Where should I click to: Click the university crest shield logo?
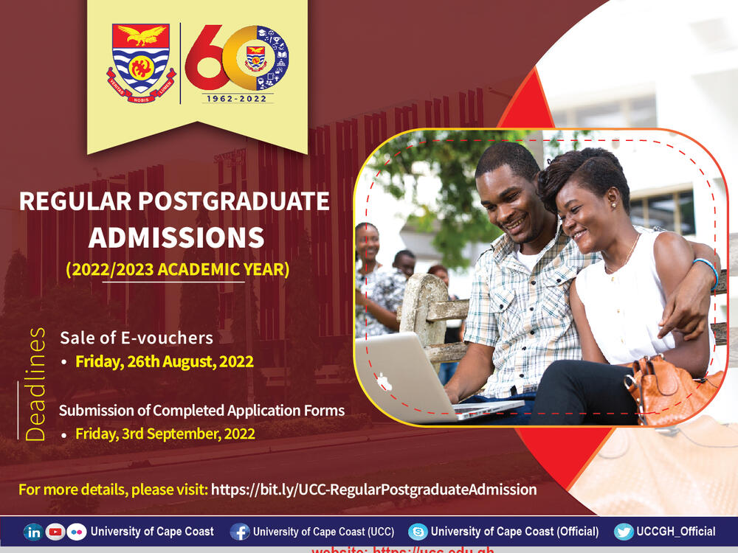(141, 63)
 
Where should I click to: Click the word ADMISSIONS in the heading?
(176, 237)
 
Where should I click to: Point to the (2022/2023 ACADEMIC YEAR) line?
(178, 270)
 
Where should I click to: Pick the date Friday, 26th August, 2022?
(165, 362)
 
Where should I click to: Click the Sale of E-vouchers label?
(137, 338)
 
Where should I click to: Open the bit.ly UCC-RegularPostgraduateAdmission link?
(373, 489)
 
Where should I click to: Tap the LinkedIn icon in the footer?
(33, 532)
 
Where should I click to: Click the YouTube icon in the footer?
(55, 532)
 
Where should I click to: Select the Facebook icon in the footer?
(239, 532)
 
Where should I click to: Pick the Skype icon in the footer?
(418, 532)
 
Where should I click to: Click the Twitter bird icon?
(624, 532)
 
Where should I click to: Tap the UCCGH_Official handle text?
(678, 532)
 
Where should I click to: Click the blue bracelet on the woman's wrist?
(707, 271)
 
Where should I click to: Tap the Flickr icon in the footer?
(76, 532)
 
